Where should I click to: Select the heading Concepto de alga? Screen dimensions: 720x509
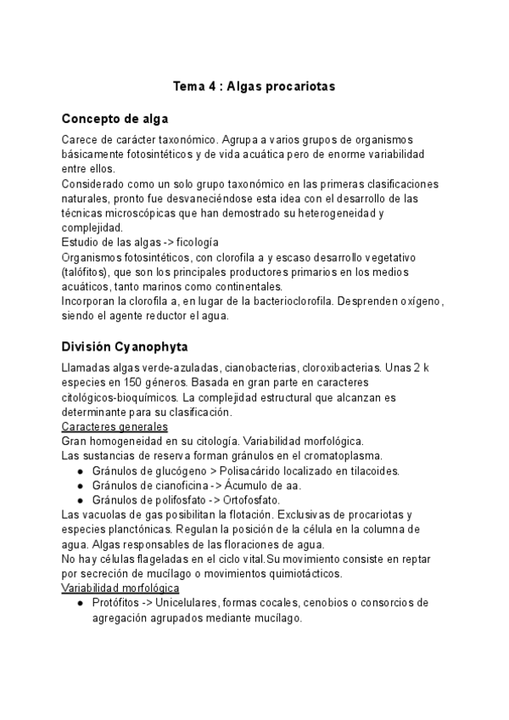point(115,118)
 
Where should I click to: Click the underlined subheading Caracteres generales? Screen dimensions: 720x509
point(115,426)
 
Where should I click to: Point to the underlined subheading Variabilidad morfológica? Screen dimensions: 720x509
point(120,588)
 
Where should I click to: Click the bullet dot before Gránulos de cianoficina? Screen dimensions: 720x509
point(80,486)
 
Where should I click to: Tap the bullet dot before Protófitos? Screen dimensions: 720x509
point(80,603)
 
